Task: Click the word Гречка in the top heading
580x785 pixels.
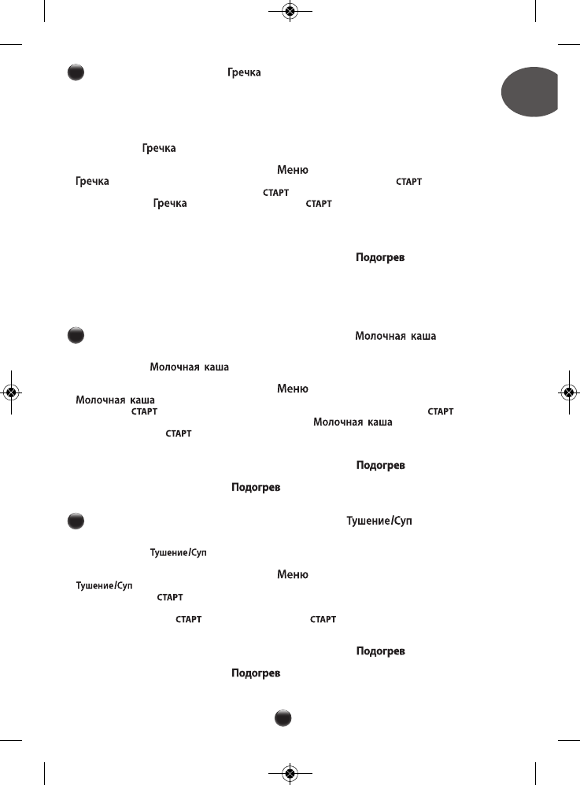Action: tap(244, 72)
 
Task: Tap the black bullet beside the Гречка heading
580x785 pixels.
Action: tap(74, 72)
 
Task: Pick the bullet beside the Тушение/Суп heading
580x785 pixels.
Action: tap(74, 520)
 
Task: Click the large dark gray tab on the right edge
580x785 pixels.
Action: tap(531, 92)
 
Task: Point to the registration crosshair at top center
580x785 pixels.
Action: tap(290, 11)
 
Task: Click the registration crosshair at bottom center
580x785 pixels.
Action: tap(290, 773)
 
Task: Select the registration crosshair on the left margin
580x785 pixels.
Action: tap(11, 392)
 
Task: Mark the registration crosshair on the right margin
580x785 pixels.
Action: tap(568, 392)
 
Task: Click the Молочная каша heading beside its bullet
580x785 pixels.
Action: tap(395, 336)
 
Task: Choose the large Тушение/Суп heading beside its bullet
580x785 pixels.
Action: tap(379, 520)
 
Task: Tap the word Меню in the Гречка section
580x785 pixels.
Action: tap(292, 170)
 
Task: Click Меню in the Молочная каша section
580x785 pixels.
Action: tap(292, 389)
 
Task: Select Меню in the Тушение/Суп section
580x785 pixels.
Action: tap(292, 575)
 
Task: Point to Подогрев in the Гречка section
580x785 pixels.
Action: tap(380, 258)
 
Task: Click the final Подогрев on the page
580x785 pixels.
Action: tap(256, 674)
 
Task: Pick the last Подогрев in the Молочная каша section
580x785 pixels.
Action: tap(256, 488)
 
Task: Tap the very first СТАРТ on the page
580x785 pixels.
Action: tap(408, 182)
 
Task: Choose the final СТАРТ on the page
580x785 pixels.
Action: tap(323, 619)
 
